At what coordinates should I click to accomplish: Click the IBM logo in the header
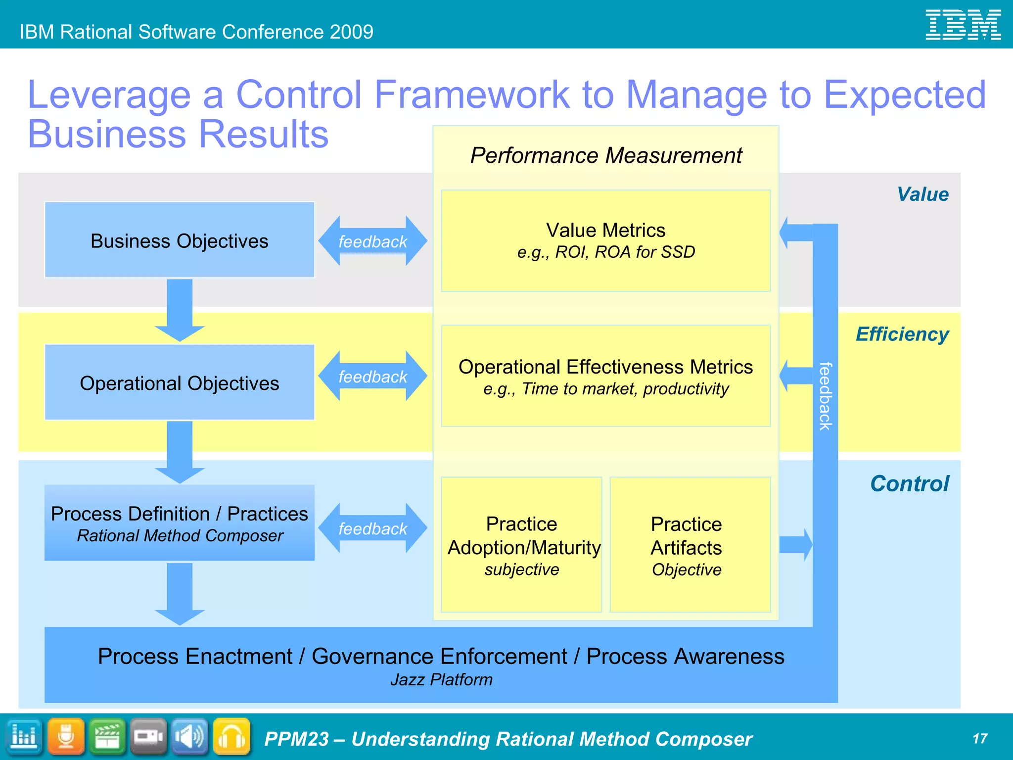coord(963,25)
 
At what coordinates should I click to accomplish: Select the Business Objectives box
coord(180,240)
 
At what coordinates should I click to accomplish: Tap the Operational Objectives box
coord(180,382)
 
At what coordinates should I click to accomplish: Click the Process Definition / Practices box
coord(180,523)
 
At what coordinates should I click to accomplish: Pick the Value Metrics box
coord(605,240)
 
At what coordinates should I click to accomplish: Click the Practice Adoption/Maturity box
coord(521,544)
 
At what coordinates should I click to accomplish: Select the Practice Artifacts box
coord(690,544)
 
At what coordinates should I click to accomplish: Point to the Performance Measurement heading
coord(605,155)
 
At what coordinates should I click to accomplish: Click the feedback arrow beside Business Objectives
coord(372,241)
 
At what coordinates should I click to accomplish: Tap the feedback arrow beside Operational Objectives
coord(372,377)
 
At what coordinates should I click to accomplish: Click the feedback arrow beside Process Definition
coord(372,528)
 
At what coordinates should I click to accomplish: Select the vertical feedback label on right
coord(825,396)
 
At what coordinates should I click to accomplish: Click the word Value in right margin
coord(922,194)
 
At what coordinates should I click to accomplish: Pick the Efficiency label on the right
coord(902,334)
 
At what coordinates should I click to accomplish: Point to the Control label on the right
coord(909,484)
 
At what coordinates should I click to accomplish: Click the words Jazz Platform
coord(441,680)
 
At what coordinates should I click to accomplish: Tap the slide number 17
coord(979,739)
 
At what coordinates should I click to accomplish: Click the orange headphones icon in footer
coord(231,737)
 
